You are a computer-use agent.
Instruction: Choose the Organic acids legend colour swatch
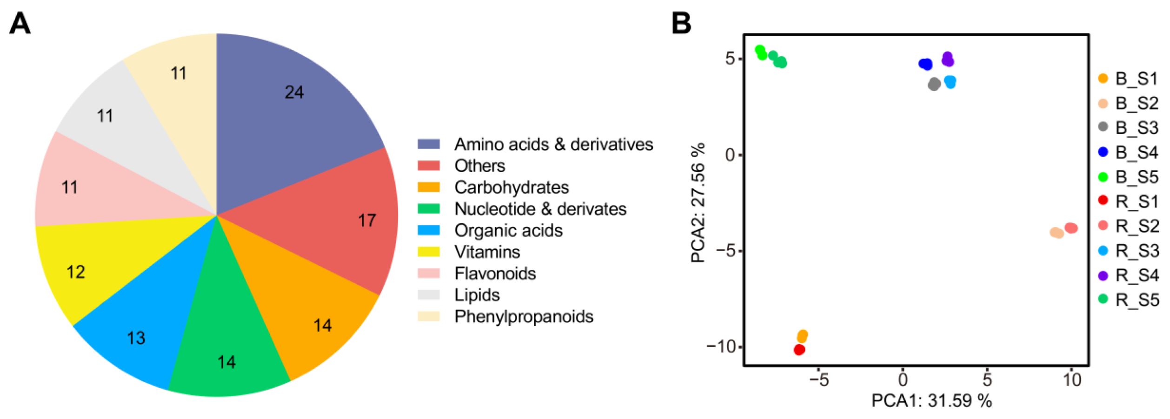tap(428, 230)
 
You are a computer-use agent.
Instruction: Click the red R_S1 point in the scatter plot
tap(799, 350)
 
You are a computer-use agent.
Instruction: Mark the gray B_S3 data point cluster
tap(934, 84)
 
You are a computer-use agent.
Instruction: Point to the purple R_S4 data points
tap(948, 59)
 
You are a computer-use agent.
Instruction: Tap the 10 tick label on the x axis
tap(1072, 380)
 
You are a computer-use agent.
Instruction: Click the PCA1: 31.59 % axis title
tap(931, 400)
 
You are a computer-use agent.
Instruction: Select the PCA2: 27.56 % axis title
tap(698, 203)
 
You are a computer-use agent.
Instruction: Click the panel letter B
tap(681, 23)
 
